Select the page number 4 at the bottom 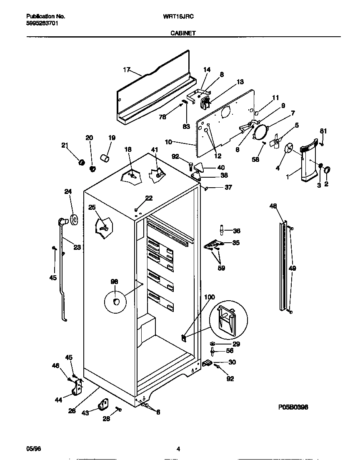[178, 449]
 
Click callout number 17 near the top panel [127, 70]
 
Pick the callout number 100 [210, 297]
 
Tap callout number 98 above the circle [114, 282]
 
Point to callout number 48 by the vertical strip [273, 206]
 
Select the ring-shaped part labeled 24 [74, 219]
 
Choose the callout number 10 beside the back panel [168, 142]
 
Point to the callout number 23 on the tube [77, 247]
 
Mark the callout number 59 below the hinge [221, 268]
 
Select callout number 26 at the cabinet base [72, 411]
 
